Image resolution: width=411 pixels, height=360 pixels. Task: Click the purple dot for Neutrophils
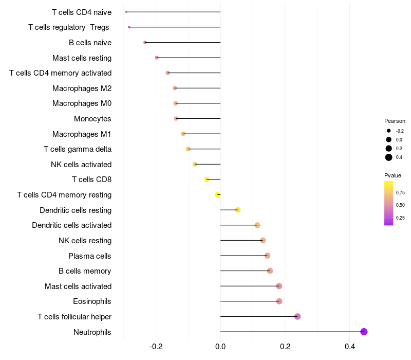point(364,332)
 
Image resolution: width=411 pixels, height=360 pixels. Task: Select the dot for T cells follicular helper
point(297,316)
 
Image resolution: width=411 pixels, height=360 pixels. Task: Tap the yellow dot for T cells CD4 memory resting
point(217,195)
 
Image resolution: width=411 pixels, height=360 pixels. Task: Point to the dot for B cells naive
point(145,42)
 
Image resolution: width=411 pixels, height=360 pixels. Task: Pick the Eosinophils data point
point(279,301)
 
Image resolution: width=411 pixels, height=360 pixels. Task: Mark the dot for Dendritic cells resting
point(237,210)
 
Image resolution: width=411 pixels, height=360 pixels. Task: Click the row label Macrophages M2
point(82,88)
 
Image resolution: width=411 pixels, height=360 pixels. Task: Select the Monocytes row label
point(92,119)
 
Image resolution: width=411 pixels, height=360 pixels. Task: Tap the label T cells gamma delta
point(78,149)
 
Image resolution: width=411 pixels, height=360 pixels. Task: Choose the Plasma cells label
point(90,256)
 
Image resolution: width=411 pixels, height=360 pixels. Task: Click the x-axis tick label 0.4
point(349,347)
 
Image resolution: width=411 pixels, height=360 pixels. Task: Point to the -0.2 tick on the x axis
point(156,347)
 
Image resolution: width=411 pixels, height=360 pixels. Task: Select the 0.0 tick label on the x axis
point(220,347)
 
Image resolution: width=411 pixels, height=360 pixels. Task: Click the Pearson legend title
point(395,121)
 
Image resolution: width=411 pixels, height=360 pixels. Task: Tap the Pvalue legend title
point(393,175)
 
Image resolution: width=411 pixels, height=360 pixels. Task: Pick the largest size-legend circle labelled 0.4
point(389,157)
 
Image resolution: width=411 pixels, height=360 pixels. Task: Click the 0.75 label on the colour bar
point(401,193)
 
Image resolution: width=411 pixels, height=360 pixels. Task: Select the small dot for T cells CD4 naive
point(126,12)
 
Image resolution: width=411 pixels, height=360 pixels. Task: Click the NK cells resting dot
point(263,240)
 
